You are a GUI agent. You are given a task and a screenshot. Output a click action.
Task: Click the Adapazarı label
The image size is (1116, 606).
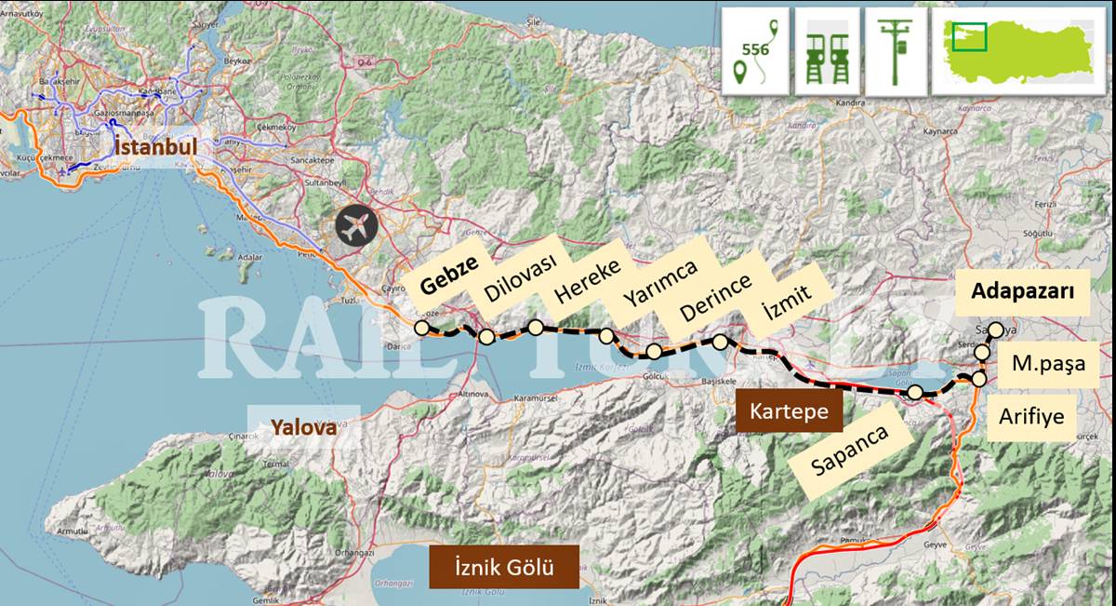click(x=1022, y=291)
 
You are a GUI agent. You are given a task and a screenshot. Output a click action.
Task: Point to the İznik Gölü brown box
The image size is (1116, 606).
click(x=504, y=566)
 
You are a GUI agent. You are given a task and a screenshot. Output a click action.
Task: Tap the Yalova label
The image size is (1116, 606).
click(x=302, y=427)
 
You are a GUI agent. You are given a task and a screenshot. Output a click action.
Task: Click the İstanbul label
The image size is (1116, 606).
click(x=156, y=147)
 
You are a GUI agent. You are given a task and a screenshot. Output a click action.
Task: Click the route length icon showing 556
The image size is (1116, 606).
click(x=755, y=50)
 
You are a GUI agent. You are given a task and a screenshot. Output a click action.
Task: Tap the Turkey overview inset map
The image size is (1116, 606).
click(x=1022, y=50)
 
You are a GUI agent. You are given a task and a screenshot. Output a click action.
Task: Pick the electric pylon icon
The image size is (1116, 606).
click(x=897, y=50)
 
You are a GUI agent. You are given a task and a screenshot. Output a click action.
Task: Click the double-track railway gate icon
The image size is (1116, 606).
click(x=827, y=50)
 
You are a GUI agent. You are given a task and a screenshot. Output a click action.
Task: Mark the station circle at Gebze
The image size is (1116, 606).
click(x=422, y=327)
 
